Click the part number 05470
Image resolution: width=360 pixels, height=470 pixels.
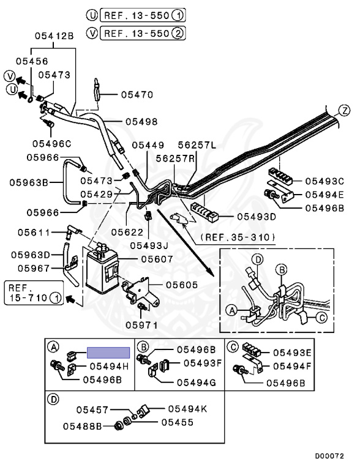pos(137,95)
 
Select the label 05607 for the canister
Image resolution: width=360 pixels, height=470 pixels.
pos(157,259)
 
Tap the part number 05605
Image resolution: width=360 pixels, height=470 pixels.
pos(182,285)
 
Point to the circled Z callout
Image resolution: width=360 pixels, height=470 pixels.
pos(345,111)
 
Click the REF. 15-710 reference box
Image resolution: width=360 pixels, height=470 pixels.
pos(34,293)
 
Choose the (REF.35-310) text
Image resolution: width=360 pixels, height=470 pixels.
pos(238,237)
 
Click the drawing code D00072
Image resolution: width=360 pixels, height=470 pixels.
pos(329,456)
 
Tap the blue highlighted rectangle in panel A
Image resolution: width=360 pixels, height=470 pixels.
pos(108,352)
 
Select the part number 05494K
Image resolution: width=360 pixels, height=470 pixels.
pos(187,409)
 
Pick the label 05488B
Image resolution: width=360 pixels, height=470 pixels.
pos(83,426)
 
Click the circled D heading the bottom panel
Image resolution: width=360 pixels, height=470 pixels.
pos(53,399)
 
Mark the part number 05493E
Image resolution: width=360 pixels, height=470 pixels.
pos(292,352)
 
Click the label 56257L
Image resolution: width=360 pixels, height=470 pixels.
pos(197,145)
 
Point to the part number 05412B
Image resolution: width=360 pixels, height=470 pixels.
pos(54,36)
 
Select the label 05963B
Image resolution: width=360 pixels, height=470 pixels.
pos(29,182)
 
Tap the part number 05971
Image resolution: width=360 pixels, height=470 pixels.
pos(141,324)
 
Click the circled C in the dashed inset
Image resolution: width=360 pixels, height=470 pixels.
pos(322,317)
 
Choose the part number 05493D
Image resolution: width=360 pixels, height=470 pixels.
pos(257,217)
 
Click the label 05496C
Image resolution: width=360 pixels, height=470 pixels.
pos(52,144)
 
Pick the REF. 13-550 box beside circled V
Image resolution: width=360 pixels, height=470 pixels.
pos(143,33)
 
